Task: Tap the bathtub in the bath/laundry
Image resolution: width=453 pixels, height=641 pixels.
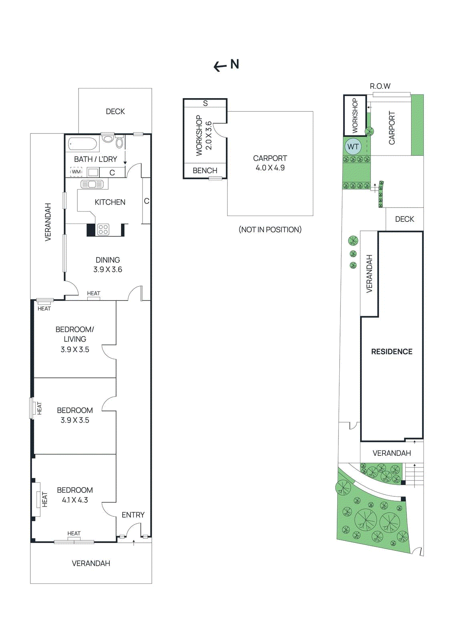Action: point(83,144)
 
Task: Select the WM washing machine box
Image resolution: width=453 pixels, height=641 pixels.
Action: point(76,172)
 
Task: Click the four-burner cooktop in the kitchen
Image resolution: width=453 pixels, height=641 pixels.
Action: point(103,230)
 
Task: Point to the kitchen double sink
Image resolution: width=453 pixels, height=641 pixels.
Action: point(92,184)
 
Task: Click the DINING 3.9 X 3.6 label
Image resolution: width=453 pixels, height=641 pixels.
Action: point(108,265)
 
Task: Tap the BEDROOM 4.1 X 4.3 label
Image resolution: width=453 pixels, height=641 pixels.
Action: point(75,495)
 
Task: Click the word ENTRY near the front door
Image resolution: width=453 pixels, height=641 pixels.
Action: point(133,515)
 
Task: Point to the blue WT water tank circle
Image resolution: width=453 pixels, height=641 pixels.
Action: point(353,147)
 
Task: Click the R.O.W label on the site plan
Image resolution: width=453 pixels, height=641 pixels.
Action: point(380,86)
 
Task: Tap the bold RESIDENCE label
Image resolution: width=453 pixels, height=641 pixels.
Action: point(391,352)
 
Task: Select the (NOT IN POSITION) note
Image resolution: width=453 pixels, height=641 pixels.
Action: point(270,230)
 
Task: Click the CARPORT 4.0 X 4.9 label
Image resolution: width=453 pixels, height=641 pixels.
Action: point(270,163)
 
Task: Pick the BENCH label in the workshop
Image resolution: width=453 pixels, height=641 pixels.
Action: point(205,171)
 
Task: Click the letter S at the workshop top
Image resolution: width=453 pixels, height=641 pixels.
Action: point(205,103)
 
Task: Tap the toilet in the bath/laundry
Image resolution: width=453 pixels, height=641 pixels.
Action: point(108,139)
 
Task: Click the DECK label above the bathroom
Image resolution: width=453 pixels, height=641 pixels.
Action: point(115,111)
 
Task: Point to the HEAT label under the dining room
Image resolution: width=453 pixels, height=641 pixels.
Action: point(93,293)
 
